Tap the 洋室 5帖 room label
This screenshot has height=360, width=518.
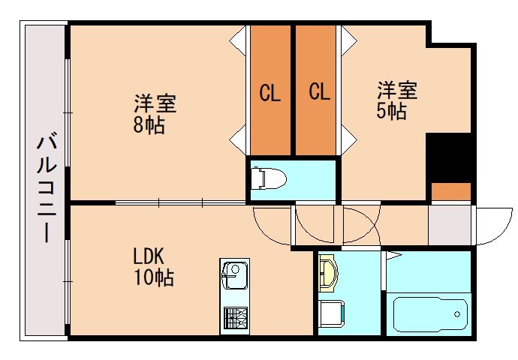396,101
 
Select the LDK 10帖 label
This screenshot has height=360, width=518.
153,265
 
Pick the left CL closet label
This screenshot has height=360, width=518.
270,93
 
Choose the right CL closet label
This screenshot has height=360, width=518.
319,93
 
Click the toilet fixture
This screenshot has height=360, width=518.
270,178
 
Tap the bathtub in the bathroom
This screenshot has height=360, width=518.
430,316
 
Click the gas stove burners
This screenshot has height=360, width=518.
233,319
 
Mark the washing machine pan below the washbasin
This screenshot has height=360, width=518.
330,314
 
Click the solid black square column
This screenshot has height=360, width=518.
448,157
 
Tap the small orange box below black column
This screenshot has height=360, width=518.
450,191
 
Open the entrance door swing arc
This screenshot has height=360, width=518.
492,225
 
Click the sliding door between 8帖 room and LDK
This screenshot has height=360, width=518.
180,202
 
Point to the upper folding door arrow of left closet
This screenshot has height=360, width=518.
239,38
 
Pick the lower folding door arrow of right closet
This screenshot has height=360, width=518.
348,138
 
